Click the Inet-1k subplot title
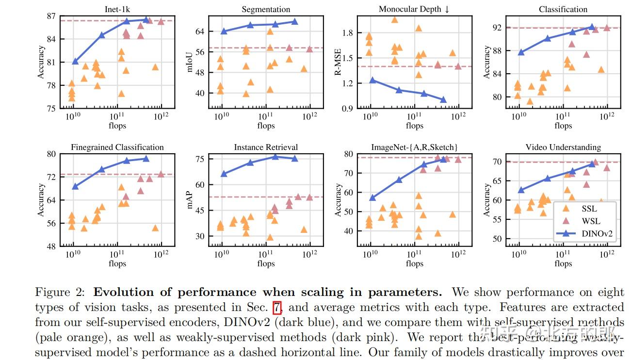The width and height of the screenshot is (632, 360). coord(117,9)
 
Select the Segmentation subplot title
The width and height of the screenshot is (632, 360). coord(266,9)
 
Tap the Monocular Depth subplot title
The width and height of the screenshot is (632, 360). coord(414,9)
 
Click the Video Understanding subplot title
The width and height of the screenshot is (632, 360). coord(563,147)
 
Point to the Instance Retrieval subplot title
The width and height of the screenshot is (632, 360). coord(266,147)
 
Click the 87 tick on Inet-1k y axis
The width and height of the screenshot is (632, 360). coord(51,16)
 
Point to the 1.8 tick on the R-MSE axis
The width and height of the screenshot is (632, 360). coord(348,33)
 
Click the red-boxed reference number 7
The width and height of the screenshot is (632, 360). coord(276,308)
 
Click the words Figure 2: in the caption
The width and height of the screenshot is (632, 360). coord(61,293)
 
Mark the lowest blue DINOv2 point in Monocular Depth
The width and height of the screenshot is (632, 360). coord(443,100)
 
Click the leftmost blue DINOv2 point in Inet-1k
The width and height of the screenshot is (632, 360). coord(75,62)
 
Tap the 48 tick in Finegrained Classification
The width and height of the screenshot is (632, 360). coord(51,246)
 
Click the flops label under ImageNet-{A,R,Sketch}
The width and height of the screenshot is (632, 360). coord(414,264)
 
